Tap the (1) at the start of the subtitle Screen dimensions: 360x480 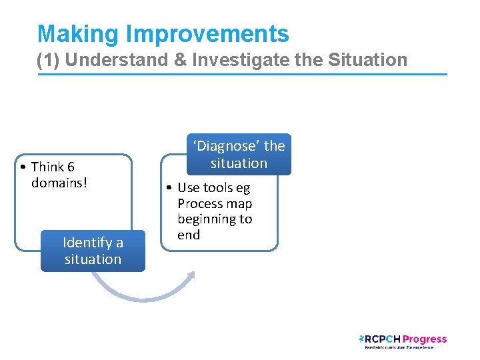point(49,60)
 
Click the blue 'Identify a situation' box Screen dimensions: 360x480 point(93,251)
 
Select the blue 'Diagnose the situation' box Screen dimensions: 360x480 point(239,155)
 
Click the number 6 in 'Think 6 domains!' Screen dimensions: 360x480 point(71,167)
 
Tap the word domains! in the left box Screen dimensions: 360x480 point(59,183)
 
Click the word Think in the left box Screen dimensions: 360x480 point(47,167)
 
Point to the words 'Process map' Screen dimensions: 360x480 point(215,203)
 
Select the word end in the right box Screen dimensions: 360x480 point(189,235)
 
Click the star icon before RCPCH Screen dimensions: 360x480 point(361,338)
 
